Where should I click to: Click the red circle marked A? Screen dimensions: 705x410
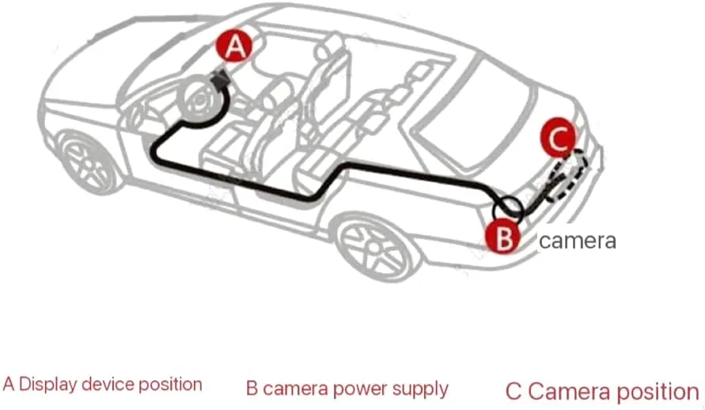(234, 46)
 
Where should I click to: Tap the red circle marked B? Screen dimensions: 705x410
(502, 236)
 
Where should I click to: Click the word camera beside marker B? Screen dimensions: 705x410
(578, 241)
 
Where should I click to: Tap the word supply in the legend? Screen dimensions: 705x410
(420, 389)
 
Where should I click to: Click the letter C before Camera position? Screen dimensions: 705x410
(514, 392)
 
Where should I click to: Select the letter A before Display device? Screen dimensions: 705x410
(9, 385)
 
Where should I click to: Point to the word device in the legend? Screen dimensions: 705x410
(108, 385)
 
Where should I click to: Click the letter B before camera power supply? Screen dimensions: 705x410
(252, 389)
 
